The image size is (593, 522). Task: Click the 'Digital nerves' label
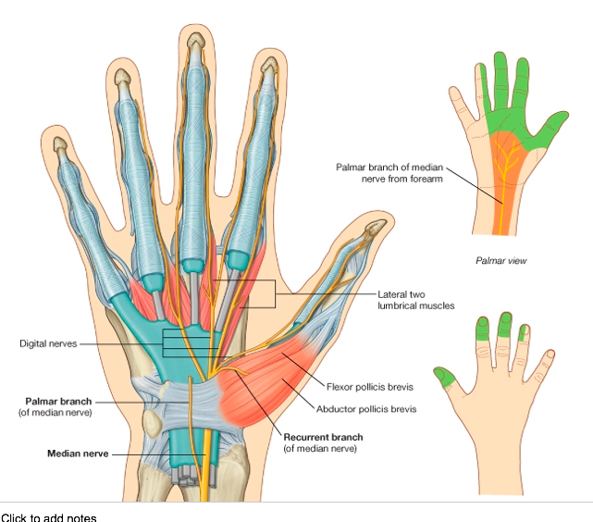pos(49,343)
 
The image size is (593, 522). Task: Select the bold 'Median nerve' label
pos(78,454)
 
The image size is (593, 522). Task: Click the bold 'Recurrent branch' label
pos(323,436)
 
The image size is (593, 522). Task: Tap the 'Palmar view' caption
pos(500,261)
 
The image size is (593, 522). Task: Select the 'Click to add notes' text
pos(48,516)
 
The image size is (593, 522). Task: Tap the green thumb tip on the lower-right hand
pos(444,376)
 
